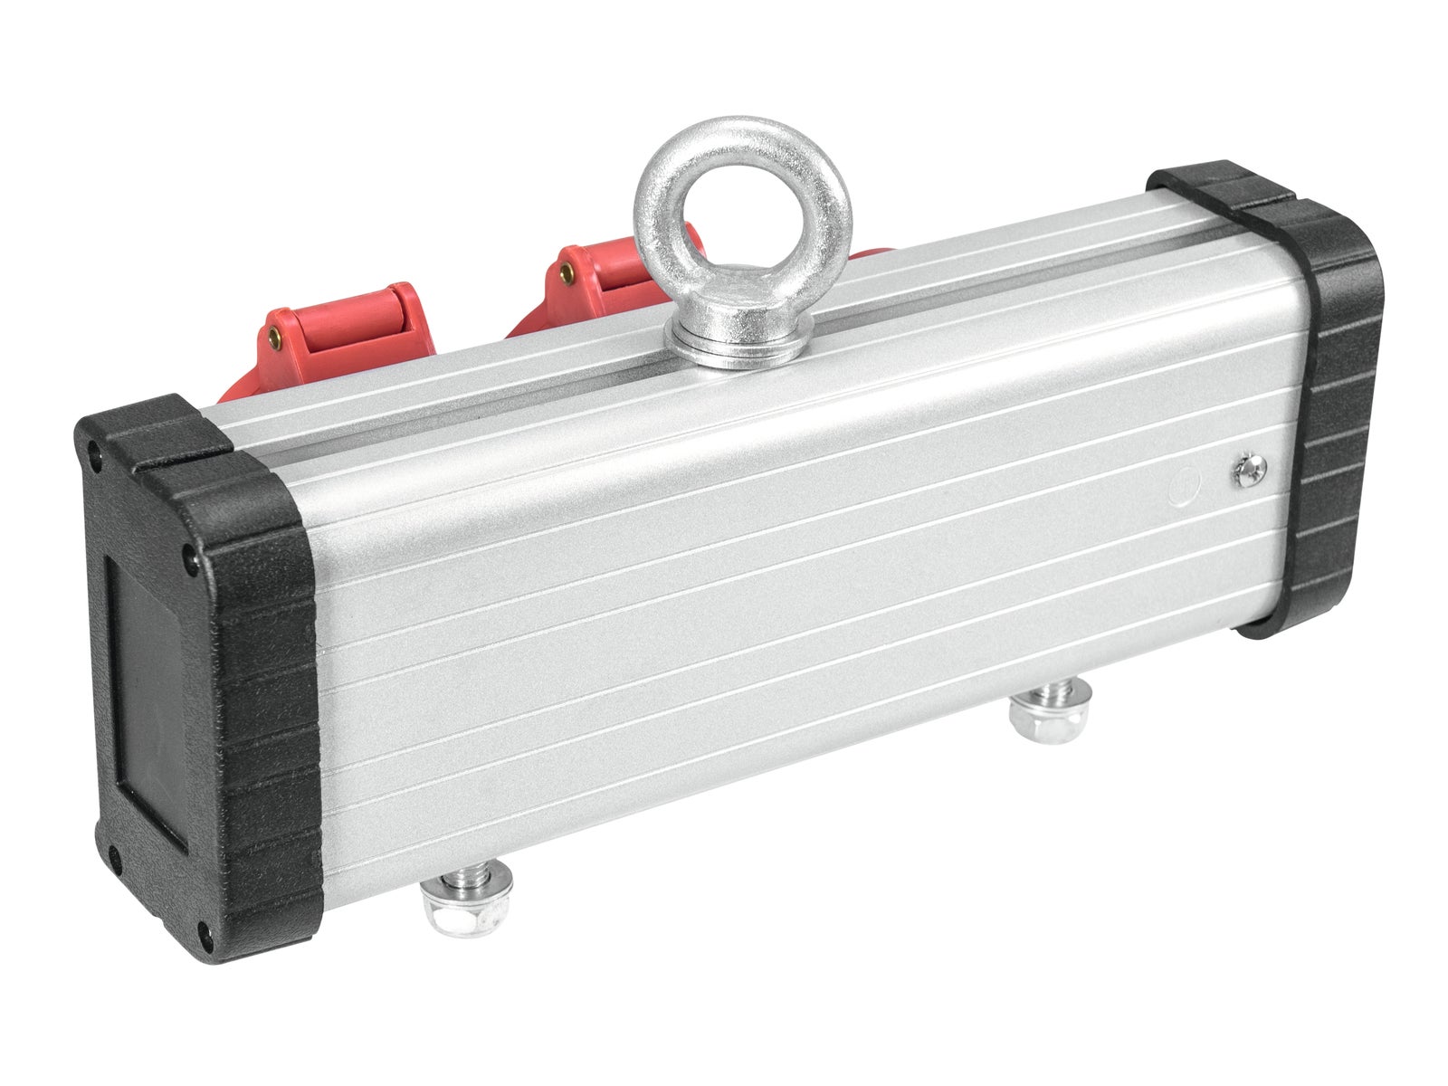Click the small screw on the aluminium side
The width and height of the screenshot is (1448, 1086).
point(1248,470)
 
